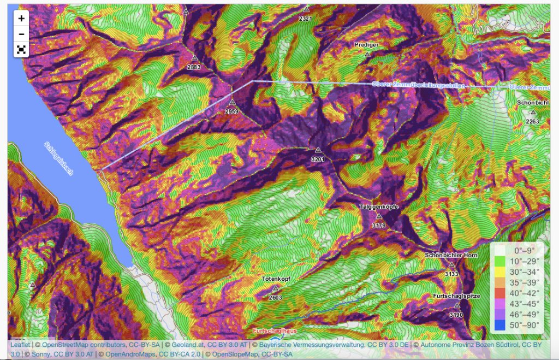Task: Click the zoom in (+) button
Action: [21, 18]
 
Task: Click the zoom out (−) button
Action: [21, 34]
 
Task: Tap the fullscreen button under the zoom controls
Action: [21, 50]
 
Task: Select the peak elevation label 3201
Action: [318, 159]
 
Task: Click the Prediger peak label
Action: [366, 45]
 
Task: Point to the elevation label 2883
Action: [194, 67]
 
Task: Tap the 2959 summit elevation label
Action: [232, 111]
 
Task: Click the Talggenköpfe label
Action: [378, 208]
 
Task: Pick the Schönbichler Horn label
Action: [451, 255]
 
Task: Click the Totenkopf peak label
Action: [275, 279]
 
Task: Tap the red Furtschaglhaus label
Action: [275, 332]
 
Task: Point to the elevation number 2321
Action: [306, 19]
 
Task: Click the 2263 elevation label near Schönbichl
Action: [533, 121]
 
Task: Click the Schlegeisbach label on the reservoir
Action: [58, 158]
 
